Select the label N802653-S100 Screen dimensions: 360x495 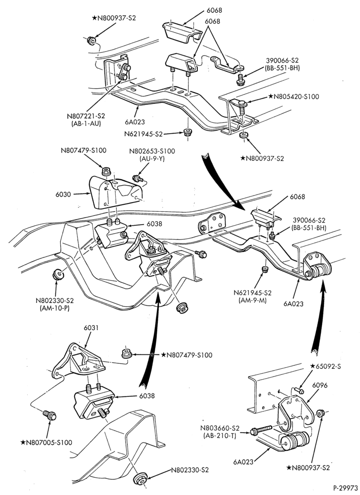pos(152,151)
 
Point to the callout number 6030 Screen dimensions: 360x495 pos(63,195)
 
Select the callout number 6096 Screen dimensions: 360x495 pos(320,386)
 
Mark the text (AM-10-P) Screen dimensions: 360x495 pos(55,308)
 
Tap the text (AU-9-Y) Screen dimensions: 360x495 pos(152,159)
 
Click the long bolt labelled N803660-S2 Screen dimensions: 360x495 pos(261,429)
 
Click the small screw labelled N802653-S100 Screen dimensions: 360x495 pos(138,178)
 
